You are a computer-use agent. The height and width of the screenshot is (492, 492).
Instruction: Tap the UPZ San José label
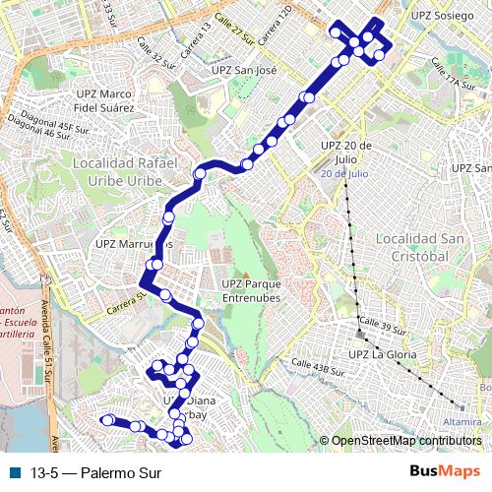click(245, 71)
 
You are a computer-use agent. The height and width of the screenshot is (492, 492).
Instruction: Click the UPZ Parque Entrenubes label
click(244, 290)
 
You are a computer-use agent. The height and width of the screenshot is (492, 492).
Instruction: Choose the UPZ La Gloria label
click(383, 354)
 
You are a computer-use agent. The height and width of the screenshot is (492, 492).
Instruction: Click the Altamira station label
click(461, 421)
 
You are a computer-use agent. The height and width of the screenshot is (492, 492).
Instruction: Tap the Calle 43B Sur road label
click(317, 368)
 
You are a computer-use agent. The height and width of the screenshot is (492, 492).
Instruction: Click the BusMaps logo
click(446, 472)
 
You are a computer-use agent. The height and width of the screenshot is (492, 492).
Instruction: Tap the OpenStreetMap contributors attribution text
click(407, 440)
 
